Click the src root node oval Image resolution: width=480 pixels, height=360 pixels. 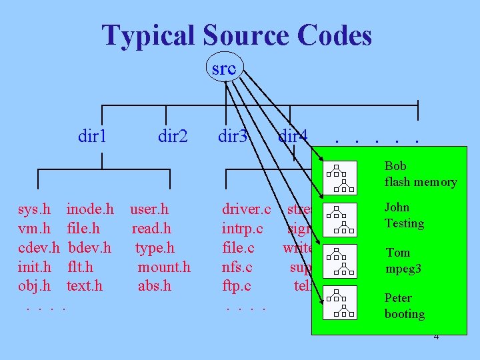pos(224,68)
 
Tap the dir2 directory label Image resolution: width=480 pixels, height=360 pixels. pos(173,137)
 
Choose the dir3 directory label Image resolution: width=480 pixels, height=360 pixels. pos(233,137)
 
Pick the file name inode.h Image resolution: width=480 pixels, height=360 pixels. pos(90,210)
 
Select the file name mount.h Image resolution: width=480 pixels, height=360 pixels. pos(164,267)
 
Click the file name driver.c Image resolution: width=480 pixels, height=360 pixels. pos(246,210)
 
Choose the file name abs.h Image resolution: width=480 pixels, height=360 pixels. pos(155,286)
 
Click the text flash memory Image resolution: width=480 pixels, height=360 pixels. pos(421,182)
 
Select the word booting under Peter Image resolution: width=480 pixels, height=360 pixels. pos(405,314)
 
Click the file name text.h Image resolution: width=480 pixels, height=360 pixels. pos(85,286)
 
